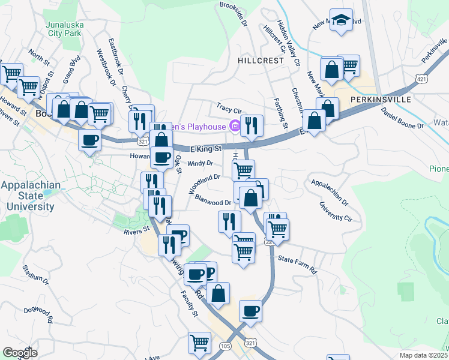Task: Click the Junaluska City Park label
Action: click(63, 29)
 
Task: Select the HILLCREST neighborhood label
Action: click(260, 61)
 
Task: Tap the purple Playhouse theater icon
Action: click(234, 126)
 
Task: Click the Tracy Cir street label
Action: click(229, 110)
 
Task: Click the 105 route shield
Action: click(224, 346)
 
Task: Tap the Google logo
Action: click(20, 352)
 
